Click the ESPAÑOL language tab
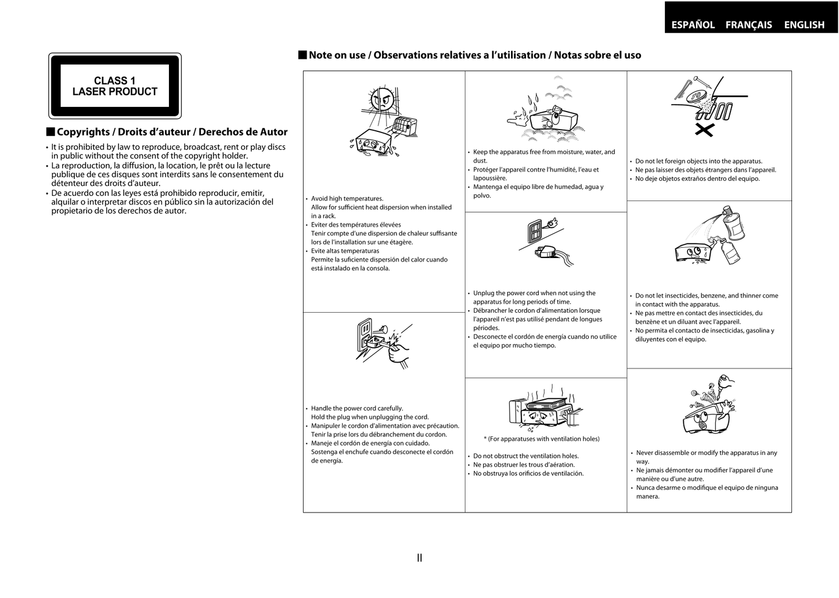693,24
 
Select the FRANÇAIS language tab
748,24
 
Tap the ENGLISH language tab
804,24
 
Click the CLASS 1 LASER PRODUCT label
115,86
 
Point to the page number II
419,558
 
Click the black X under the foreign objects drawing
704,130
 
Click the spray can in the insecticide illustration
734,224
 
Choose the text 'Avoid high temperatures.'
347,199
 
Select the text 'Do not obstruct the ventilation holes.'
525,456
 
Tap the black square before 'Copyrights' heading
51,132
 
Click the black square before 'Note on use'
302,55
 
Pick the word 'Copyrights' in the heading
83,132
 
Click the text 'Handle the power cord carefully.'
357,409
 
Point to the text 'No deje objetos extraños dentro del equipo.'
697,179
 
